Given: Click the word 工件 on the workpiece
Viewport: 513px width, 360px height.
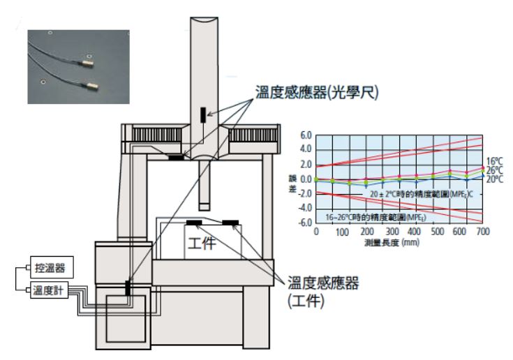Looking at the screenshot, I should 203,245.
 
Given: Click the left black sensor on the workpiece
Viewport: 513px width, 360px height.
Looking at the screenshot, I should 194,223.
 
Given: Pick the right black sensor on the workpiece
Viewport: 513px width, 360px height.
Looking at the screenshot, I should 230,223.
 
